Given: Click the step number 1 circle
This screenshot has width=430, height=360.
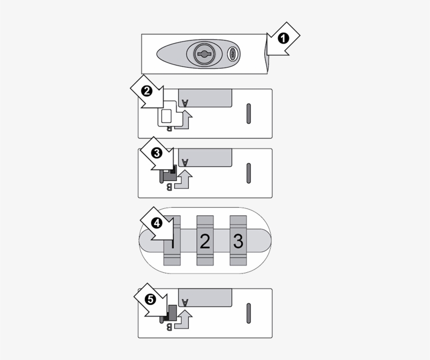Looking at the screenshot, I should click(x=283, y=38).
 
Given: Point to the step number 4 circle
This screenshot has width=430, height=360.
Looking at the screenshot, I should click(x=156, y=223).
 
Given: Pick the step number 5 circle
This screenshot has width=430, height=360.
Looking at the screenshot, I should click(x=150, y=300).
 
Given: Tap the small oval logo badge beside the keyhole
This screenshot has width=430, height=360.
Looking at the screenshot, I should click(x=233, y=53).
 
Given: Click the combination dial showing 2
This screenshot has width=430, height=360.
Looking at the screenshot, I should click(x=205, y=241).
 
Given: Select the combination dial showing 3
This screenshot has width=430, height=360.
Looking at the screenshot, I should click(x=238, y=241).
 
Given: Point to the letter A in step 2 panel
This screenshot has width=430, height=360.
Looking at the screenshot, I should click(x=185, y=102).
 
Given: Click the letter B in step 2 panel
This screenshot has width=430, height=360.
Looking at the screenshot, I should click(x=168, y=127).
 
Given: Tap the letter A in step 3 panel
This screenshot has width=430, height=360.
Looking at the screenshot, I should click(x=185, y=162).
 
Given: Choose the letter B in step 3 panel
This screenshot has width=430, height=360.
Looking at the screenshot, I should click(x=168, y=186).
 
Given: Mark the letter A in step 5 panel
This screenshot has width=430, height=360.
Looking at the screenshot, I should click(x=185, y=302).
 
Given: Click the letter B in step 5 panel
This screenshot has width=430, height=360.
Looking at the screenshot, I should click(x=168, y=327).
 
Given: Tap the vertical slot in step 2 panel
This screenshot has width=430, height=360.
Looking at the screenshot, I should click(x=249, y=113).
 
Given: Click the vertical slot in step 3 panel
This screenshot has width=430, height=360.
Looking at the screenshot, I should click(x=249, y=173).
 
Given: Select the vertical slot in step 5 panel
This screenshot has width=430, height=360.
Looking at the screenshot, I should click(x=249, y=313).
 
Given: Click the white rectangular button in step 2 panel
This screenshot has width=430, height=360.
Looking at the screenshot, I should click(x=166, y=116).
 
